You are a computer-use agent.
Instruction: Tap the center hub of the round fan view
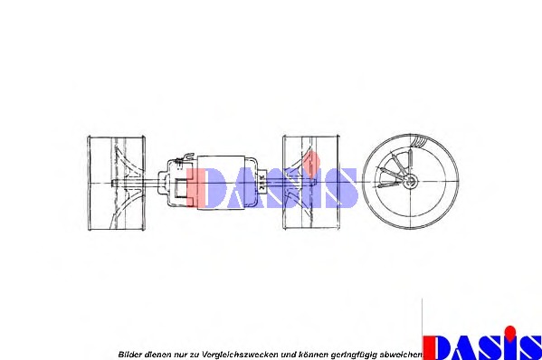(412, 183)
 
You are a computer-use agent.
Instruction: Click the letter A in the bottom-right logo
(466, 347)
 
